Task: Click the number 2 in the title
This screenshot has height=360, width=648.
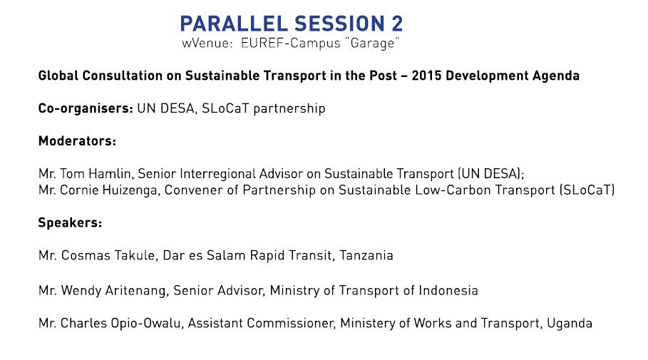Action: tap(397, 24)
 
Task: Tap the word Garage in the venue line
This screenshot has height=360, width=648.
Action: tap(372, 43)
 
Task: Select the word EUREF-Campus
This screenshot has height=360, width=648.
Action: tap(291, 43)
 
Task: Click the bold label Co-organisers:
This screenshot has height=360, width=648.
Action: tap(86, 108)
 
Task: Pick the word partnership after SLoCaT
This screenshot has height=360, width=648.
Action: tap(289, 108)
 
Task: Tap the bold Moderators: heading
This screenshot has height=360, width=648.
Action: tap(77, 141)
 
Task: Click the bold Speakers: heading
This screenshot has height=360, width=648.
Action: tap(70, 223)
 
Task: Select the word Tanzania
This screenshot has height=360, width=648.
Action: tap(366, 255)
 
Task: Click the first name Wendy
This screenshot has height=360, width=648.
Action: tap(81, 291)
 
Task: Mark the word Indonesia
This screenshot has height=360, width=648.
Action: tap(448, 291)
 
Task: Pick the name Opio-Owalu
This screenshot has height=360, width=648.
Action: tap(146, 323)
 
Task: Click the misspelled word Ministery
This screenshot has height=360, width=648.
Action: tap(368, 324)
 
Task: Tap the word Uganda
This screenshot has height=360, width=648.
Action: tap(570, 324)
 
